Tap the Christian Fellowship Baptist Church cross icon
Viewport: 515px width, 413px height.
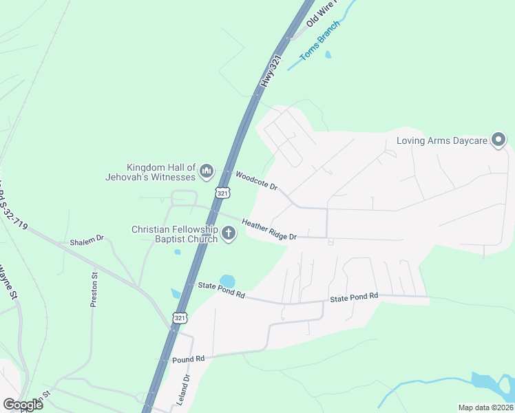pyautogui.click(x=229, y=235)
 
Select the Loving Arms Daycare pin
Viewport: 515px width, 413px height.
pyautogui.click(x=498, y=142)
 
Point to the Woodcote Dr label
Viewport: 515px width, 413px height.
pyautogui.click(x=255, y=181)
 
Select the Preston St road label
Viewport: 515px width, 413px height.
pyautogui.click(x=94, y=289)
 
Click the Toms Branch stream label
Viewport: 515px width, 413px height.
pyautogui.click(x=319, y=41)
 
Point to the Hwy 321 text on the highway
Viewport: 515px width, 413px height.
pyautogui.click(x=271, y=71)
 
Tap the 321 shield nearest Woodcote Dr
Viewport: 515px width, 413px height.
pyautogui.click(x=222, y=193)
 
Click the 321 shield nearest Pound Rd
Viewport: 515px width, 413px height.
pyautogui.click(x=179, y=317)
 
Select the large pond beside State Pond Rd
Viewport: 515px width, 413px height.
pyautogui.click(x=227, y=282)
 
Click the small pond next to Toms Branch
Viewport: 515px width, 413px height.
pyautogui.click(x=328, y=54)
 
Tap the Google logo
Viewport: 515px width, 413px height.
pyautogui.click(x=23, y=404)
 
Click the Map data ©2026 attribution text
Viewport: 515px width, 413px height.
pyautogui.click(x=485, y=407)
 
